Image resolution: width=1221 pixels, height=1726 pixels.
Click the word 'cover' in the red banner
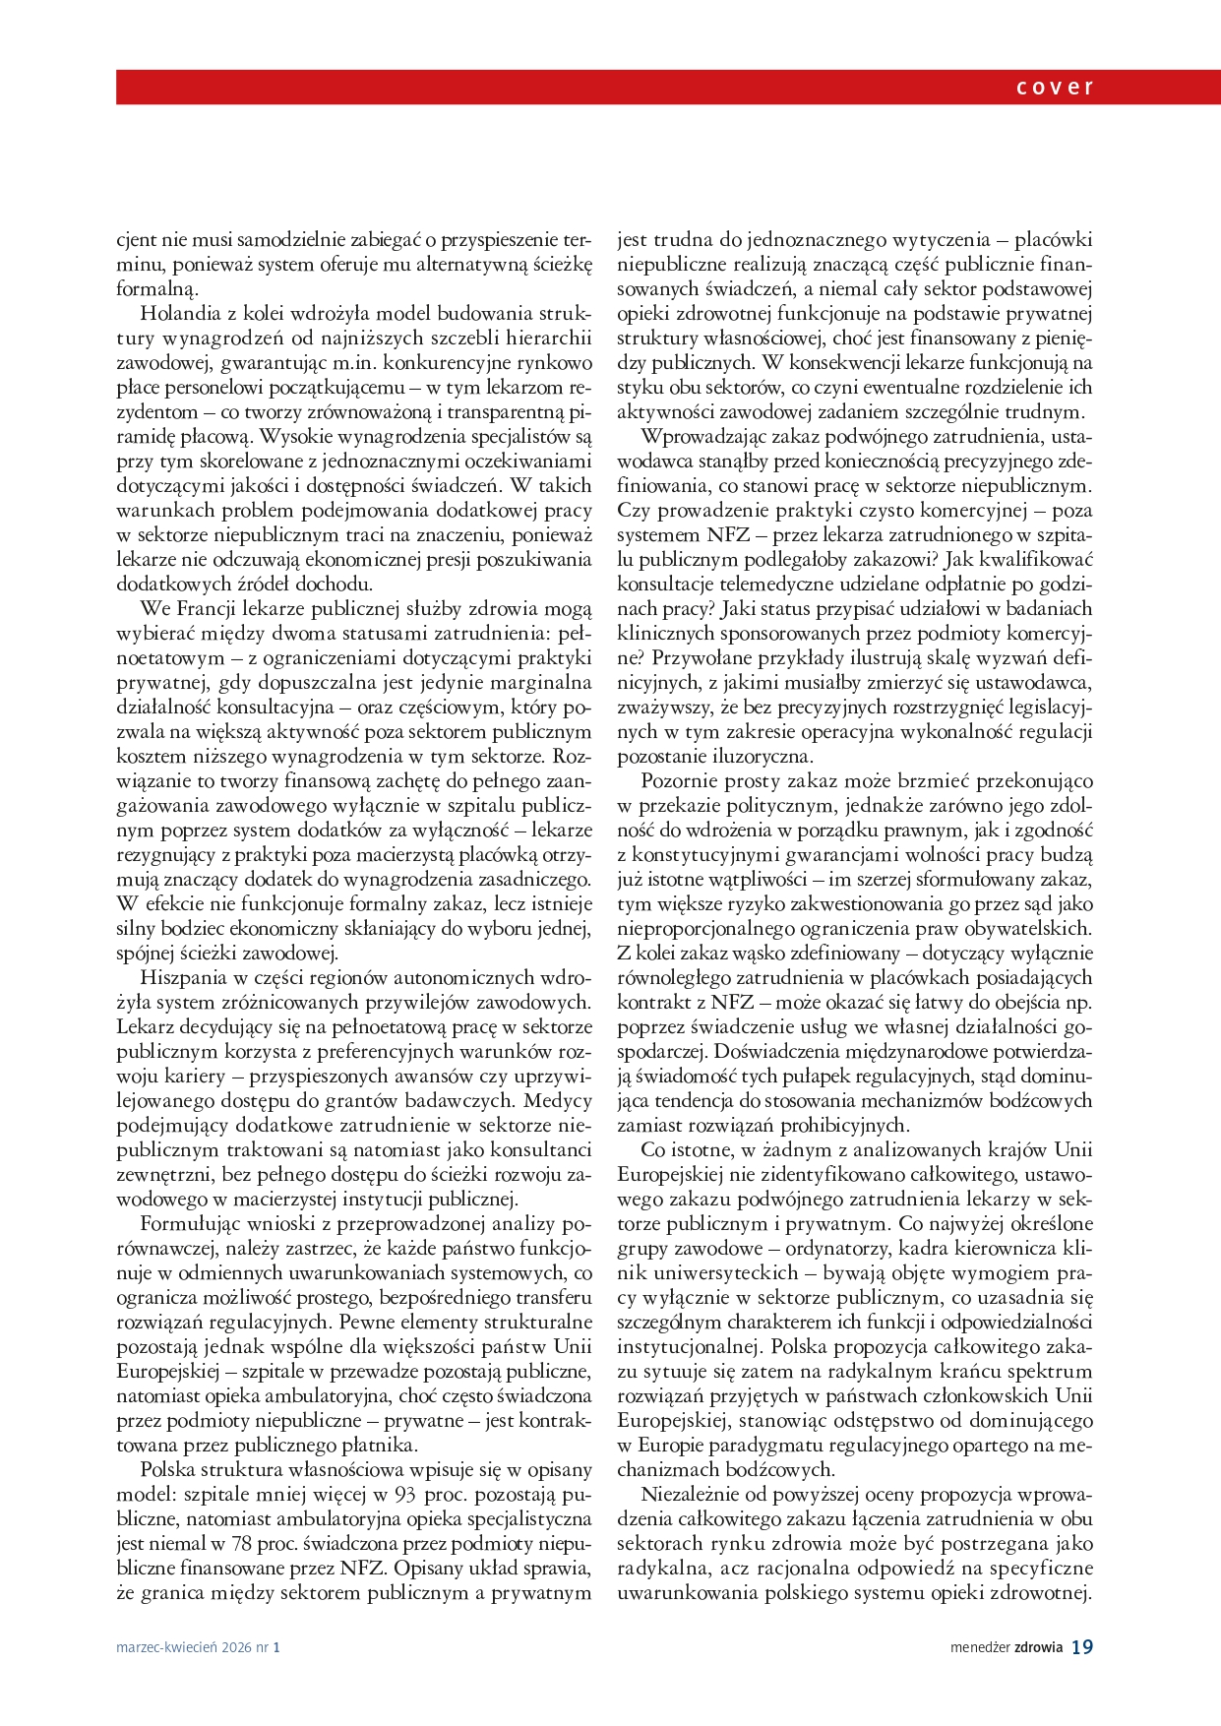[1055, 88]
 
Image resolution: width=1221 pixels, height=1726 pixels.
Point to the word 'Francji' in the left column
[208, 609]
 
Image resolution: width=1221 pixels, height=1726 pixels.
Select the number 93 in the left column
[404, 1495]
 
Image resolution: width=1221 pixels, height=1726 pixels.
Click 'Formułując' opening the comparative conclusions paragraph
[186, 1224]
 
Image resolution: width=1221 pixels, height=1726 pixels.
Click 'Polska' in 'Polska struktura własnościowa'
[167, 1470]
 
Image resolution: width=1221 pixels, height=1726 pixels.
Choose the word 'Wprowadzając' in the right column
[700, 437]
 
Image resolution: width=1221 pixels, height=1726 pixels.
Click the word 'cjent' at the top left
[138, 240]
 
